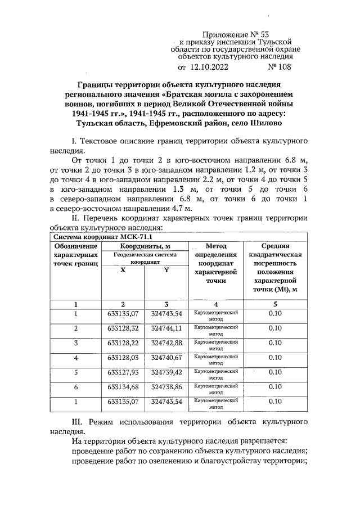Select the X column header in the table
[x=123, y=270]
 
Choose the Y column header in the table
[x=166, y=270]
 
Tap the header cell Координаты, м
[x=145, y=246]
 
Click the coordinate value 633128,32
[x=123, y=328]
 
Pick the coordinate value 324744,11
[x=167, y=328]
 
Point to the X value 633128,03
[x=123, y=357]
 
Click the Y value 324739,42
[x=167, y=372]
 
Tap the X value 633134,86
[x=123, y=386]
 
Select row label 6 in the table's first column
[x=75, y=386]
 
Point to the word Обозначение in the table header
[x=75, y=246]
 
